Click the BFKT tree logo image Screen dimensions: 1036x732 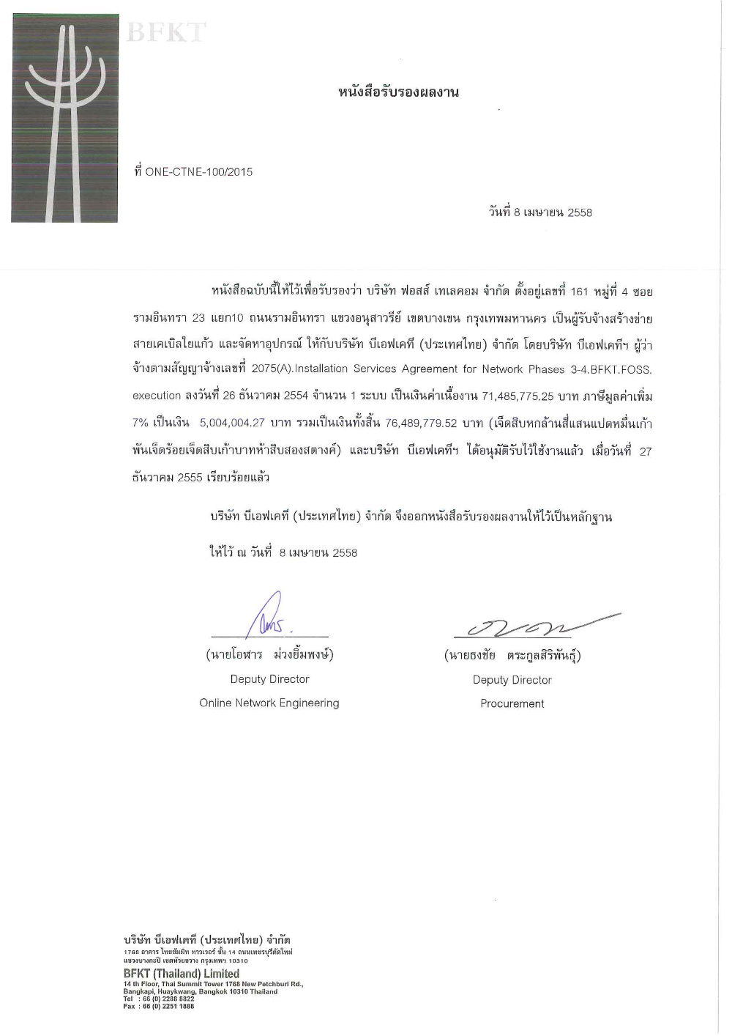click(64, 117)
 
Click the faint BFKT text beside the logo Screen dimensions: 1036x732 click(166, 33)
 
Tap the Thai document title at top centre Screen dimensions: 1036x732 click(398, 92)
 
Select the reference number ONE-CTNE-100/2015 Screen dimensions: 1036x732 click(199, 172)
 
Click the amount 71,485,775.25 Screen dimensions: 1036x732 click(518, 396)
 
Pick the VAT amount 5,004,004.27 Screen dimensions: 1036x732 click(232, 423)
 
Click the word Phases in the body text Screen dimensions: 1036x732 click(546, 369)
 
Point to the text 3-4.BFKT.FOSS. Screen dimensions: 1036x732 click(611, 369)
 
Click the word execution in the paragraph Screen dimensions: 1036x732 click(157, 396)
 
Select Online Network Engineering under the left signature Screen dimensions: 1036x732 click(269, 703)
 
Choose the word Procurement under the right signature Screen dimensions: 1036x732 click(512, 703)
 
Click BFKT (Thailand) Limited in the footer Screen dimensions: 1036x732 click(182, 973)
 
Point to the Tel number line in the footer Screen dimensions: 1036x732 click(159, 999)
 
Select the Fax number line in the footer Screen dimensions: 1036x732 click(159, 1006)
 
